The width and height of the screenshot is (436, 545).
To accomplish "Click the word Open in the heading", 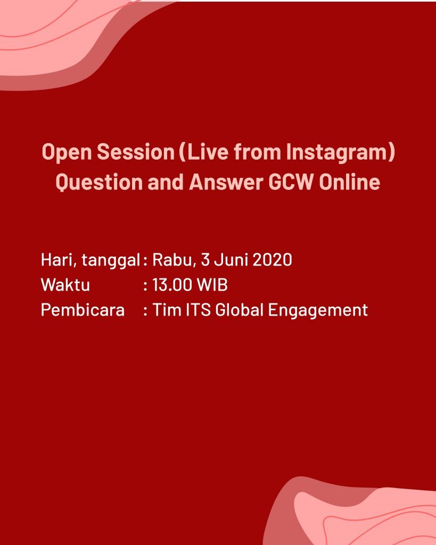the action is [x=67, y=153].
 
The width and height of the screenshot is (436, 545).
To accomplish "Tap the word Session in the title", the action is [x=136, y=152].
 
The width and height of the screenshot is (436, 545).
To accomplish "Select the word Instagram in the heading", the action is [x=338, y=153].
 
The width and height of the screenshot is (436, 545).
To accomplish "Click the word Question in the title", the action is [x=99, y=183].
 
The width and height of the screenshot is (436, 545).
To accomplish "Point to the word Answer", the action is [x=226, y=182].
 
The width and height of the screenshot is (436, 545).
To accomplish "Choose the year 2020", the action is [x=272, y=260].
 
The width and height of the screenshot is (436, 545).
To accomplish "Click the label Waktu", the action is [x=65, y=285].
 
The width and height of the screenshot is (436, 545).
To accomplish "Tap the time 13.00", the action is [x=172, y=285].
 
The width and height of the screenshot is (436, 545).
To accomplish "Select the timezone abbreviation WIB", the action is [x=212, y=285].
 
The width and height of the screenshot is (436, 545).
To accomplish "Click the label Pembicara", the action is [x=83, y=310].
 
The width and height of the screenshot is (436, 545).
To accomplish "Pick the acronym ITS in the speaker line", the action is [x=198, y=310].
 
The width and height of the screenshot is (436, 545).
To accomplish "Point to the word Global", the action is [x=239, y=310].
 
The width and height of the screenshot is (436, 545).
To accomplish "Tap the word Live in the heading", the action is [x=204, y=152].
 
